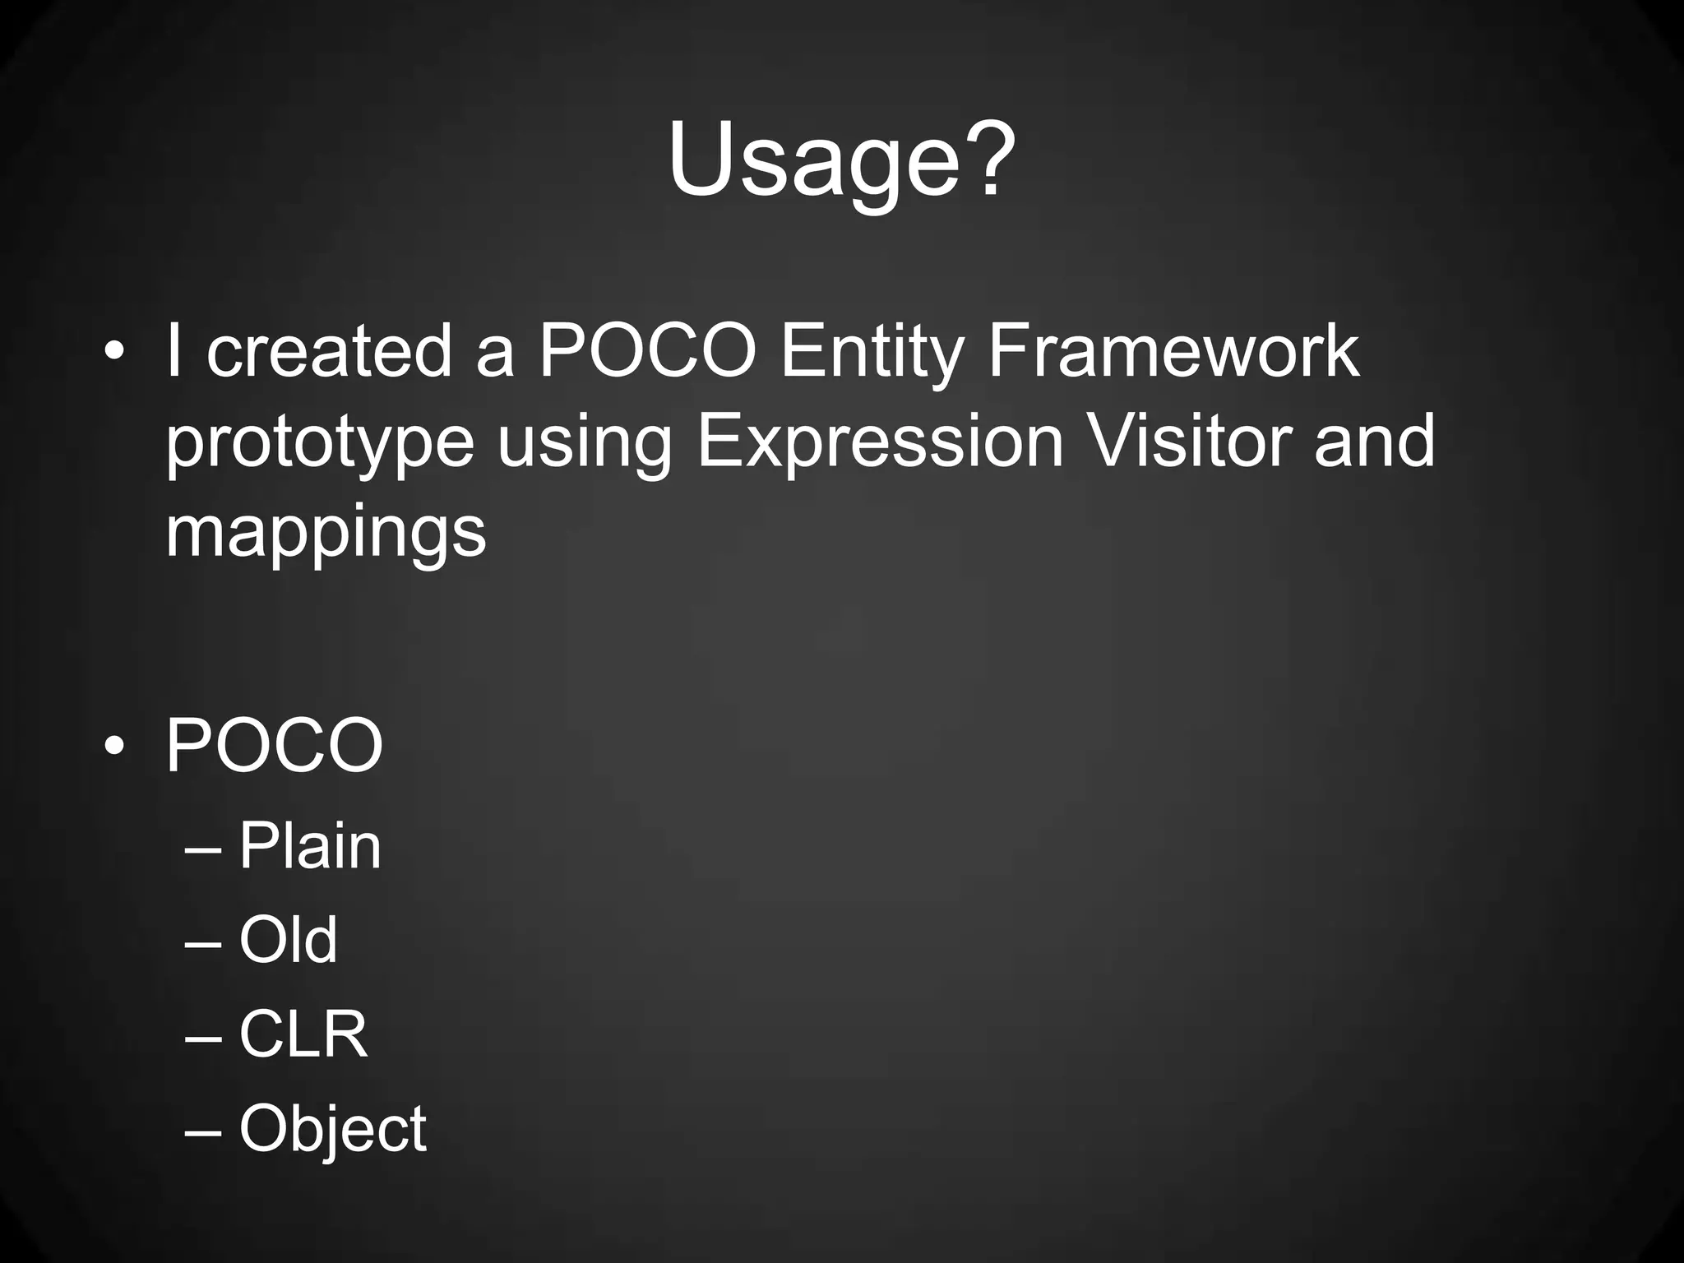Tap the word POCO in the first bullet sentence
[x=647, y=352]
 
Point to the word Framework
[x=1173, y=352]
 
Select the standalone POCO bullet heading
[x=274, y=746]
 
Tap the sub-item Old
[x=288, y=939]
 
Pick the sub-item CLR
[x=303, y=1034]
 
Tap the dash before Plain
[x=203, y=848]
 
